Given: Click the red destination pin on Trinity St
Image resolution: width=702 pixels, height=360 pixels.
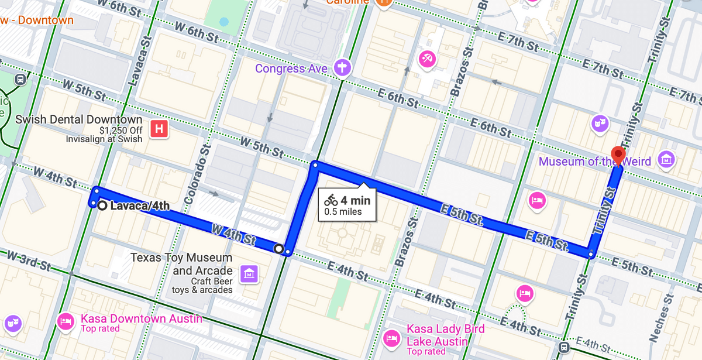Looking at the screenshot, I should click(x=618, y=155).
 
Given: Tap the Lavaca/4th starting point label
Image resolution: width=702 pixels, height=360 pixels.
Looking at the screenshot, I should click(x=140, y=205).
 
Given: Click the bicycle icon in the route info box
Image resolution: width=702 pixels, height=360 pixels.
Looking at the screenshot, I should click(x=331, y=200).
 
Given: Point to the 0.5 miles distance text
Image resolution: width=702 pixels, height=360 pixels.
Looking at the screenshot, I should click(x=343, y=212).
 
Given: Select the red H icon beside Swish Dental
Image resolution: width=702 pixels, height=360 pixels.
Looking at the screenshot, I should click(x=158, y=129).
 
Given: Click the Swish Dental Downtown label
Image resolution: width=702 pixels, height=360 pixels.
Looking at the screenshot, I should click(x=79, y=119).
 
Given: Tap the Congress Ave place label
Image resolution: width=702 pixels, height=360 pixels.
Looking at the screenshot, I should click(x=291, y=69).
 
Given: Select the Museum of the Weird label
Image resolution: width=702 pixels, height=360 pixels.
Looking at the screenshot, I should click(x=594, y=162).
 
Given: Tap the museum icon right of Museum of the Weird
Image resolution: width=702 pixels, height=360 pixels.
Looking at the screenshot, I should click(x=666, y=159).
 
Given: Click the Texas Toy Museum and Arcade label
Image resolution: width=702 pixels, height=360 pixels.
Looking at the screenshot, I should click(x=181, y=264).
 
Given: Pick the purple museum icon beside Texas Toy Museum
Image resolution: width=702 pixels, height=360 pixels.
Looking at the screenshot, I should click(x=249, y=272).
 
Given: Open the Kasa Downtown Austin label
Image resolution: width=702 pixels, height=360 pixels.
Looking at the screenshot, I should click(x=141, y=319).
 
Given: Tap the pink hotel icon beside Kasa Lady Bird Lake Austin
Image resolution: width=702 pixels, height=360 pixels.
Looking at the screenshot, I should click(x=391, y=338).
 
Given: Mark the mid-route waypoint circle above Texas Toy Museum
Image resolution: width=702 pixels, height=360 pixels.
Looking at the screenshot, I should click(x=279, y=249).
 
